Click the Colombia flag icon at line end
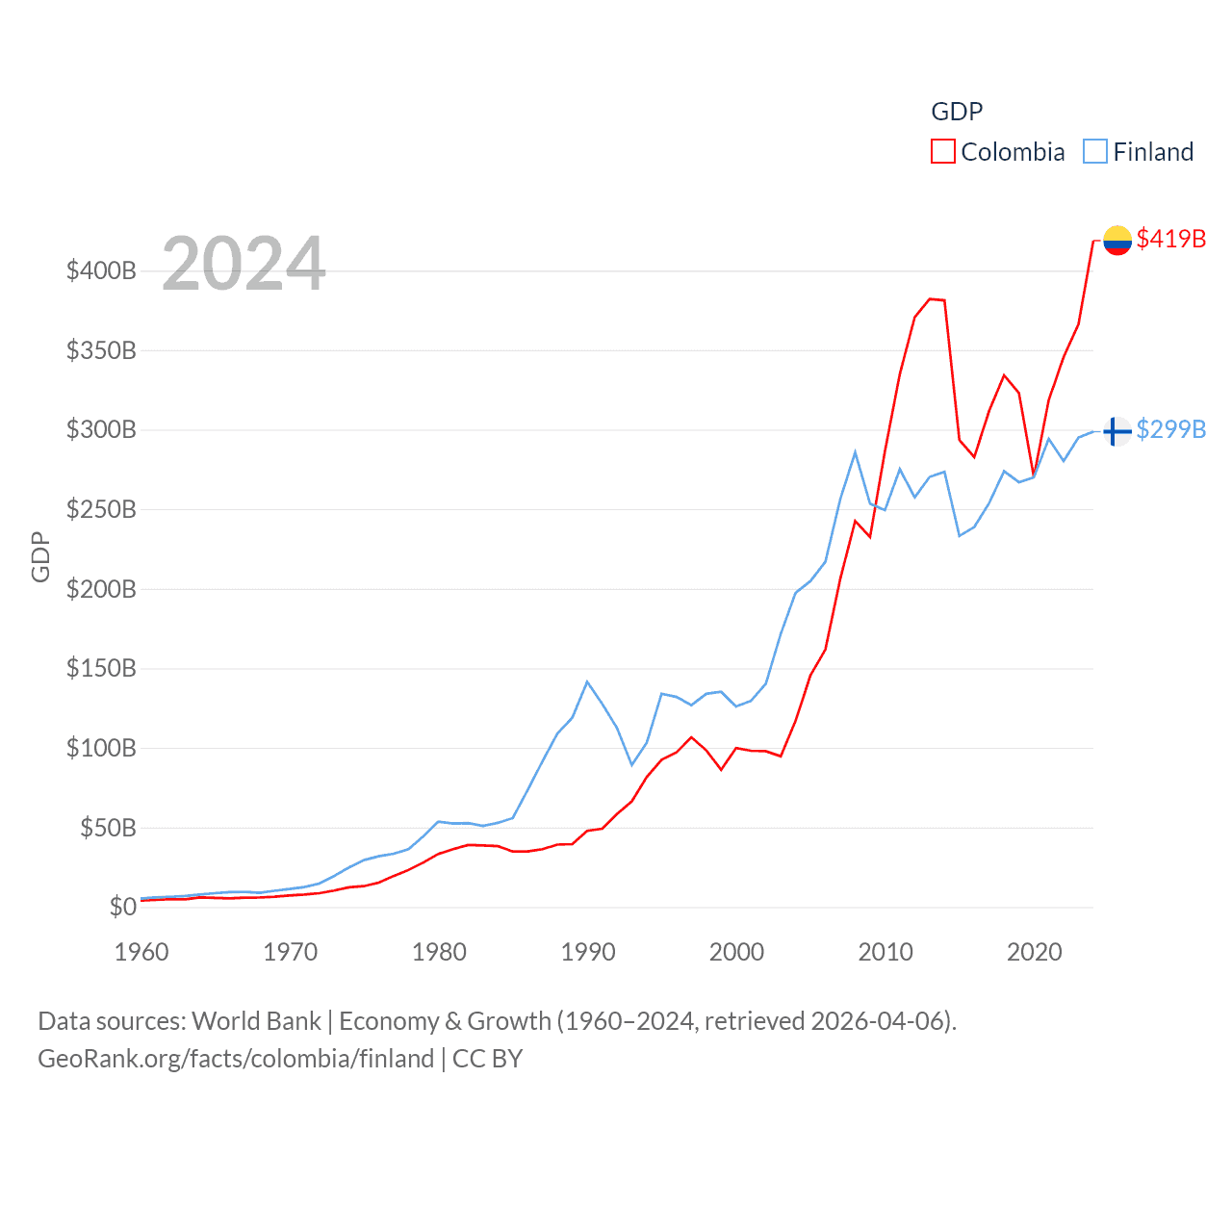click(1116, 240)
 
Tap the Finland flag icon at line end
click(1116, 431)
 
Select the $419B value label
click(1170, 239)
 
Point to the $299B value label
click(1170, 429)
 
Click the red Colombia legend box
click(943, 152)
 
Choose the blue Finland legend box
click(1095, 152)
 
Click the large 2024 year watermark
click(244, 264)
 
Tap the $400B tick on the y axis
click(101, 270)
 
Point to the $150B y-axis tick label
click(101, 668)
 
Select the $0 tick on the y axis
click(122, 907)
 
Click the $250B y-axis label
click(101, 509)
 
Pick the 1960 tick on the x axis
click(141, 952)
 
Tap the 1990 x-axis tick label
click(588, 952)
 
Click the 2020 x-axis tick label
click(1035, 952)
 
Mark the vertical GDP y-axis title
click(40, 556)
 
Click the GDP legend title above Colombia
click(957, 112)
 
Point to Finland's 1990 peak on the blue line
click(587, 681)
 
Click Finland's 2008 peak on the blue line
click(855, 452)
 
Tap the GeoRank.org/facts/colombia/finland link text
click(236, 1059)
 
